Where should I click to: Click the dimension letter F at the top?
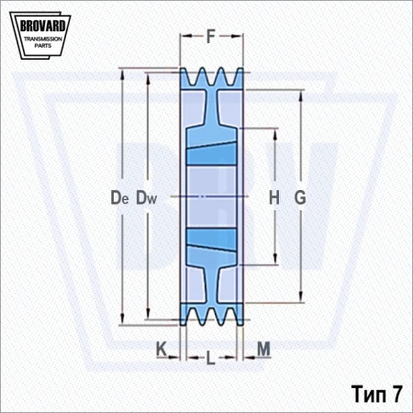pos(211,37)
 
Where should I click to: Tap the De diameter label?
pos(119,197)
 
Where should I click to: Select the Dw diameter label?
pos(146,197)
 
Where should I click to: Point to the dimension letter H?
pos(274,197)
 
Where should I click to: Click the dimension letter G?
pos(300,197)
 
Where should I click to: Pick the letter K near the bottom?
pos(162,349)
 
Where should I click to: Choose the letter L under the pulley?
pos(210,358)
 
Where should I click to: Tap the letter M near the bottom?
pos(263,349)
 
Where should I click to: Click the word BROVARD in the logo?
pos(42,26)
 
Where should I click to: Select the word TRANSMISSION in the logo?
pos(43,39)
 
